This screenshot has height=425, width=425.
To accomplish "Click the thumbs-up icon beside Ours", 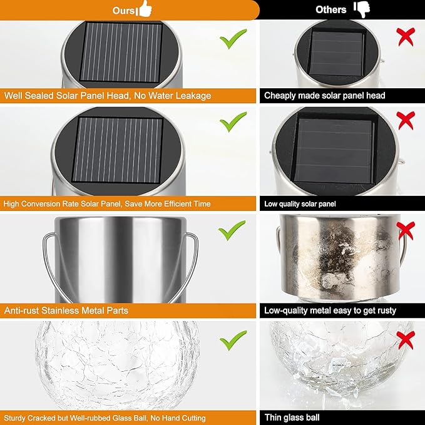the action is click(145, 9).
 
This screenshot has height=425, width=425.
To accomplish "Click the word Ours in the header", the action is click(123, 11).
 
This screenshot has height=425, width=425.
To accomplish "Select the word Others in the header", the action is click(330, 10).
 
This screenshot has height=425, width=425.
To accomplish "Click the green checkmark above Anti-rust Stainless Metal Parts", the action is click(232, 230).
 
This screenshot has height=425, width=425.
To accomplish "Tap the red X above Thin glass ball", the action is click(406, 340).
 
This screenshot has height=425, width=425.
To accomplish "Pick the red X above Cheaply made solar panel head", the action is click(406, 36).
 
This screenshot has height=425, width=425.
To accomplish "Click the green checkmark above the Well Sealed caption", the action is click(233, 39).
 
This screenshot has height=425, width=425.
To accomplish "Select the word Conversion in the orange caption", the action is click(41, 204).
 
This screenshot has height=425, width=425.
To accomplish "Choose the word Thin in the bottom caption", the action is click(275, 417).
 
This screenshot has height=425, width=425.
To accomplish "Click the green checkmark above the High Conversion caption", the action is click(233, 121).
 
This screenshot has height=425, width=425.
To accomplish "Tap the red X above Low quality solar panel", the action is click(406, 120).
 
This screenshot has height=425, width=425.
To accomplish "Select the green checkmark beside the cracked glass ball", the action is click(233, 340).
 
